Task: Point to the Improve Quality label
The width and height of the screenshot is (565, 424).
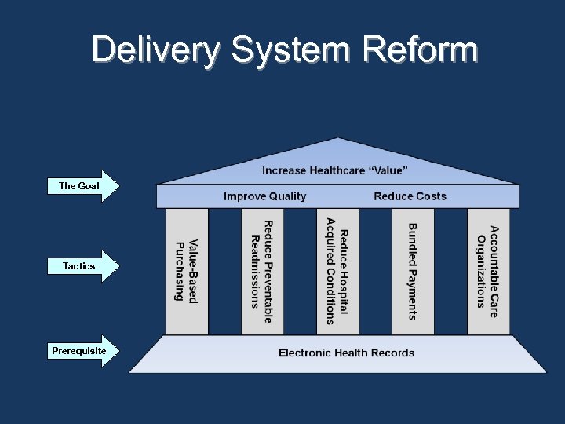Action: pos(264,196)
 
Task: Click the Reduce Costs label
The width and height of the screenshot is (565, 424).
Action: pos(410,196)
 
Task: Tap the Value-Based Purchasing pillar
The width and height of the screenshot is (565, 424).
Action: pos(187,271)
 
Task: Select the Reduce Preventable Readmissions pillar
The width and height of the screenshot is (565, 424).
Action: pos(262,271)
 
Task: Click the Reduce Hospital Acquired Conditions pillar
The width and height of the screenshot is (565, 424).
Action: pos(337,271)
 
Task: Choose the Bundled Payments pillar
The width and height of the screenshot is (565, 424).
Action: pos(413,271)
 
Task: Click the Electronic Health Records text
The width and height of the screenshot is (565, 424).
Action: pos(346,353)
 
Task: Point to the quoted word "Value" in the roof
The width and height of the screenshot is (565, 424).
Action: pos(389,170)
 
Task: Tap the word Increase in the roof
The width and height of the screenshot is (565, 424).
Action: pos(284,170)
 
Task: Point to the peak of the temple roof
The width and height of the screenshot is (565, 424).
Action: pos(337,140)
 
